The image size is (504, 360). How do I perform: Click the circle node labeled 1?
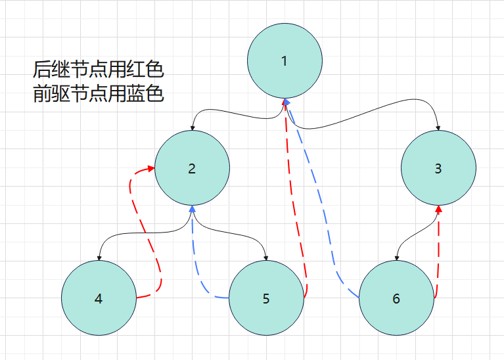pyautogui.click(x=285, y=61)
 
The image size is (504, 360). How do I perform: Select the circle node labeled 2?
pyautogui.click(x=192, y=168)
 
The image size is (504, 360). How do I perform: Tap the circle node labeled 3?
pyautogui.click(x=438, y=168)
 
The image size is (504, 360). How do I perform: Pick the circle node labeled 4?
pyautogui.click(x=99, y=299)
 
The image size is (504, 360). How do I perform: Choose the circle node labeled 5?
pyautogui.click(x=266, y=299)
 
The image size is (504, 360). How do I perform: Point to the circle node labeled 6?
pyautogui.click(x=396, y=299)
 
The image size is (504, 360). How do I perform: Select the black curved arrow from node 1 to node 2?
pyautogui.click(x=230, y=116)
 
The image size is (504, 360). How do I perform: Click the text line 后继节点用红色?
pyautogui.click(x=98, y=69)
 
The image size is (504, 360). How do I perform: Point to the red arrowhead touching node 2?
pyautogui.click(x=151, y=169)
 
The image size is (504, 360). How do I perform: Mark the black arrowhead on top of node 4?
pyautogui.click(x=99, y=256)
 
